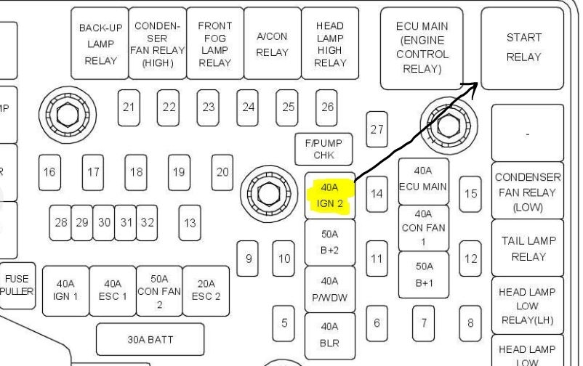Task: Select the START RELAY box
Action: click(523, 48)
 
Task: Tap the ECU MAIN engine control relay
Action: click(422, 48)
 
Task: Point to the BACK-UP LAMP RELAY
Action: click(100, 44)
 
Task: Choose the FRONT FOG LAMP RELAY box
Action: click(214, 44)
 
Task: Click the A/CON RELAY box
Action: click(272, 44)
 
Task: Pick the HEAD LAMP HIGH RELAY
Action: click(329, 44)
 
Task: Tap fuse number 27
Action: click(377, 129)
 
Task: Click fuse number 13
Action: click(190, 224)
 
